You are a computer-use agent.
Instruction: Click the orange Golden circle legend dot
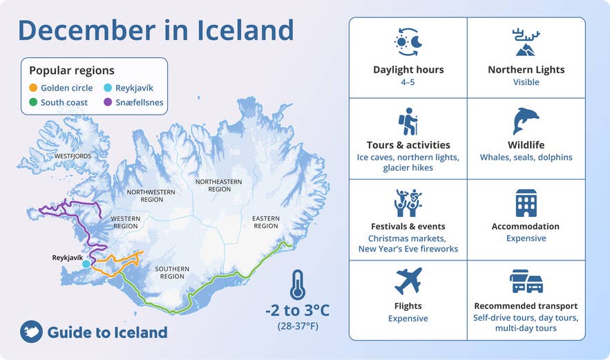(x=33, y=88)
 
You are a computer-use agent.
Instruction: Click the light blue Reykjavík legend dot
(x=108, y=88)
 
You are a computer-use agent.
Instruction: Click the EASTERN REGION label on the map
(x=265, y=222)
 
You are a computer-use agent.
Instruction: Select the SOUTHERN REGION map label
(x=173, y=272)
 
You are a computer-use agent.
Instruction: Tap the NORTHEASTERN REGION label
(x=213, y=185)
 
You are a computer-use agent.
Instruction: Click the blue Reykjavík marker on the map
(x=86, y=264)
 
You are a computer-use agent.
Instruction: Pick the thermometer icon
(x=298, y=284)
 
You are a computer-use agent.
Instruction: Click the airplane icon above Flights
(x=408, y=281)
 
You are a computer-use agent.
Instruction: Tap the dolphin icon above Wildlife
(x=526, y=122)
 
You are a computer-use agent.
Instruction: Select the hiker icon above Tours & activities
(x=408, y=122)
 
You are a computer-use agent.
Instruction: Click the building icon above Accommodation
(x=526, y=202)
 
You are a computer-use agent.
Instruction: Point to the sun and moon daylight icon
(x=408, y=43)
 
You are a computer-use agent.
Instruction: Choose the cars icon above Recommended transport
(x=526, y=281)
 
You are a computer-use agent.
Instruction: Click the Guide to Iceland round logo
(x=31, y=332)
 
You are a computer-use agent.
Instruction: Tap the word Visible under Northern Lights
(x=526, y=82)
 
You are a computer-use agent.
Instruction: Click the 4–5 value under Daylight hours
(x=408, y=82)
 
